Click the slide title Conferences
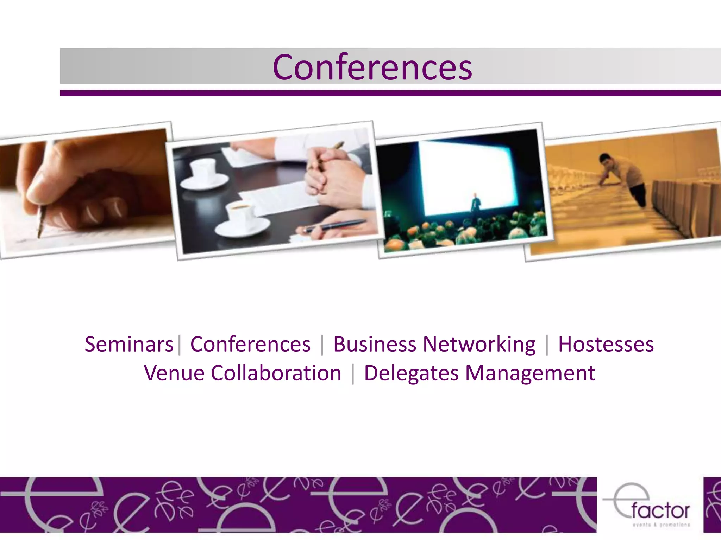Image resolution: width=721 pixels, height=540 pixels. (x=372, y=67)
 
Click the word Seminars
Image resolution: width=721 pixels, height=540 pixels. (x=129, y=344)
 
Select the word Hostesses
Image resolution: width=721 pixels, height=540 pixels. (x=606, y=344)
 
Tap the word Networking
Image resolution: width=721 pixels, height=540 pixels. (x=479, y=344)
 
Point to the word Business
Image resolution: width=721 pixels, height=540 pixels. (x=375, y=344)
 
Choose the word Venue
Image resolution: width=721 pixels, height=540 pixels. (x=174, y=373)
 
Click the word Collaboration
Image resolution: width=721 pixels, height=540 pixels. (x=276, y=373)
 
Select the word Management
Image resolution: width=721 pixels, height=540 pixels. (x=530, y=373)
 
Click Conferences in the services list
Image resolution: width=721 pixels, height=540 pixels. (x=250, y=344)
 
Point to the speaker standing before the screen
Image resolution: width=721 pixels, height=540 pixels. (x=476, y=204)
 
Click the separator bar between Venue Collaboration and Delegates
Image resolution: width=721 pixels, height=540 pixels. (x=352, y=373)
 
